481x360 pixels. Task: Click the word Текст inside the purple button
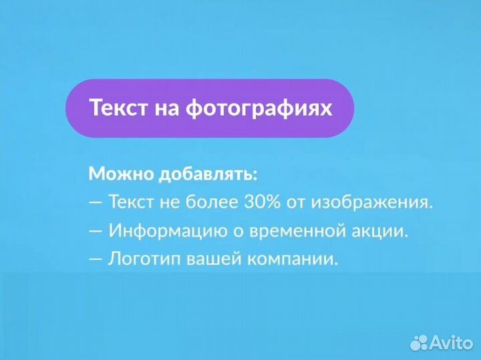click(x=118, y=108)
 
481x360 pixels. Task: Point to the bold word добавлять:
click(x=208, y=174)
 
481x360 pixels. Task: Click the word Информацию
click(x=162, y=231)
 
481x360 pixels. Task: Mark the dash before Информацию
click(x=96, y=231)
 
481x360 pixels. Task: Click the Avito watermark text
click(x=452, y=343)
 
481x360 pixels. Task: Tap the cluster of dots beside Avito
click(x=419, y=343)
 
